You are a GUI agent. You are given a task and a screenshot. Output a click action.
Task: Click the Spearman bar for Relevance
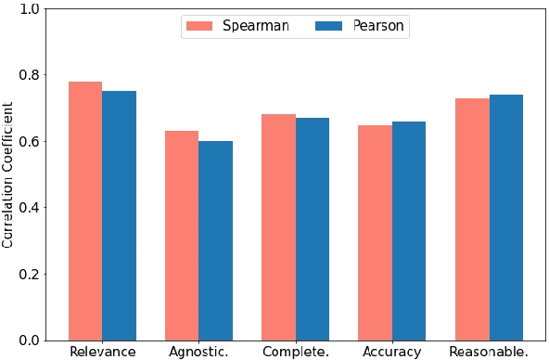tap(85, 211)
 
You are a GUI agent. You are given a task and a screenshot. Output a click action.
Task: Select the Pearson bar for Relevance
tap(120, 215)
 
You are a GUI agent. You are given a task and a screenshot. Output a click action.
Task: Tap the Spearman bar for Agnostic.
tap(182, 236)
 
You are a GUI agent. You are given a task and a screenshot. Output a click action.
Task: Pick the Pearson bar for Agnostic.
tap(216, 240)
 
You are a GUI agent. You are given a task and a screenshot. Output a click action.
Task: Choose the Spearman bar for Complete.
tap(278, 227)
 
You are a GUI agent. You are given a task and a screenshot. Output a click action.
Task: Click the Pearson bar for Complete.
tap(313, 229)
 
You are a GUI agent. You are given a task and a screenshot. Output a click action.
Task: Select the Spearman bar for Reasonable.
tap(472, 219)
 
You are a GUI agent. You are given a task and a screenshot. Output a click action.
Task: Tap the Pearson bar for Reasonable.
tap(506, 217)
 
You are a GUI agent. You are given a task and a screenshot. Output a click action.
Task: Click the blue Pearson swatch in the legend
tap(330, 26)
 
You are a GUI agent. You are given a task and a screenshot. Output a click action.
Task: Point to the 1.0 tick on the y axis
tap(32, 9)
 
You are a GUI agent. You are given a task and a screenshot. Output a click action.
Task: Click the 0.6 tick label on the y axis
tap(32, 142)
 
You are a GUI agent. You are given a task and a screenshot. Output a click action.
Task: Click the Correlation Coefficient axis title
tap(8, 174)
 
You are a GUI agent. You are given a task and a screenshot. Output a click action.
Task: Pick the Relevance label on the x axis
tap(102, 353)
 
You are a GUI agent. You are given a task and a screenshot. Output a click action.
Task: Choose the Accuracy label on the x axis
tap(392, 353)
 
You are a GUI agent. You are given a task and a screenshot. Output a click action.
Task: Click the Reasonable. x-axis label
tap(489, 353)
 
